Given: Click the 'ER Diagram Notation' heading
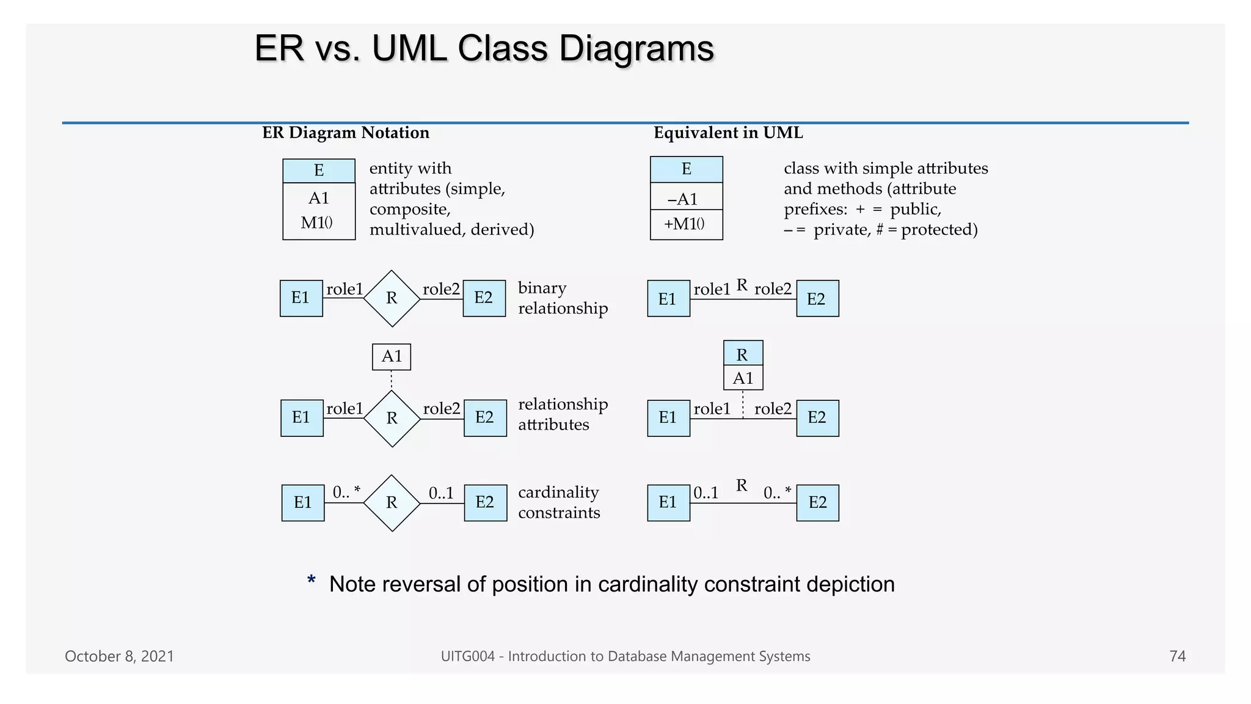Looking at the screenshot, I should pos(345,133).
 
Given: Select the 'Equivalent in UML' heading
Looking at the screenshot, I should pos(728,133).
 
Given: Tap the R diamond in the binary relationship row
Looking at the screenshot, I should pos(392,298).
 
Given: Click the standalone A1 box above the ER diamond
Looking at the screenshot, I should pos(392,357).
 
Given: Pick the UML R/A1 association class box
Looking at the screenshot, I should pos(743,365).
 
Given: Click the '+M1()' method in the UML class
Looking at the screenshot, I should pos(685,224).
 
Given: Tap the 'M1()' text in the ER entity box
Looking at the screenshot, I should pos(317,223).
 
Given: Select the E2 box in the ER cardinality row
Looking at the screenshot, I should pos(485,502).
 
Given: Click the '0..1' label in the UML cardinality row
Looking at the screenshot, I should pos(706,493).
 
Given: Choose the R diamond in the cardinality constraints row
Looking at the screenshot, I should pos(392,503).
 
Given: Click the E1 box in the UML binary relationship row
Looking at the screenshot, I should pos(668,299).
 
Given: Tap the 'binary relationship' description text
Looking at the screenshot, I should pos(562,298).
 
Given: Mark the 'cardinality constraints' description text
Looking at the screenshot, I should pos(558,502).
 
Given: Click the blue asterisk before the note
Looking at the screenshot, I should pos(312,581).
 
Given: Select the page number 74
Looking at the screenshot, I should pos(1177,656).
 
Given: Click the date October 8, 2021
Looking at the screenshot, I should pos(119,656).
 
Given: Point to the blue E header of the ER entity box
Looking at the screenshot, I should pos(319,170).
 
